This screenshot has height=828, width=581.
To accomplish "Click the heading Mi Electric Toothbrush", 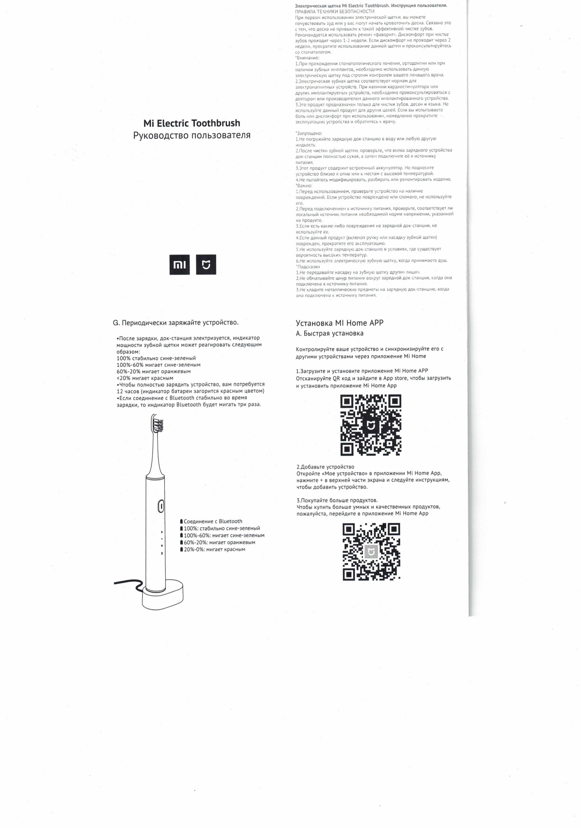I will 191,123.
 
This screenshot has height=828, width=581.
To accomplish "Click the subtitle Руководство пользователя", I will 191,135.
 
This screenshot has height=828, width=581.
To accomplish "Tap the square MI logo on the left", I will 179,265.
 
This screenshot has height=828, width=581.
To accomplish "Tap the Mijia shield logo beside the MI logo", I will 206,265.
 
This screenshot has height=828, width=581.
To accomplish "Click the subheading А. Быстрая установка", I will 329,334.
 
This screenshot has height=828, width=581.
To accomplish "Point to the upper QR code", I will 371,425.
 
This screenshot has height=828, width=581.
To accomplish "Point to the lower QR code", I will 371,552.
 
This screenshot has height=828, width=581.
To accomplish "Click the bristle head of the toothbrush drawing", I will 158,426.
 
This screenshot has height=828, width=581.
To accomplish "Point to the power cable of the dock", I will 126,584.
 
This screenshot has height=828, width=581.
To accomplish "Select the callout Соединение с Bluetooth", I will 213,521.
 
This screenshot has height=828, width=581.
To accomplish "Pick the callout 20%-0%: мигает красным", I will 214,549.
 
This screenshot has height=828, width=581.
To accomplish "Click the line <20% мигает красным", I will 145,378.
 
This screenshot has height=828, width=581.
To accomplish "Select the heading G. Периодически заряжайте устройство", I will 175,322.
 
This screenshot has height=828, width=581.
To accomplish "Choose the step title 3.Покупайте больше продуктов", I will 337,500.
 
